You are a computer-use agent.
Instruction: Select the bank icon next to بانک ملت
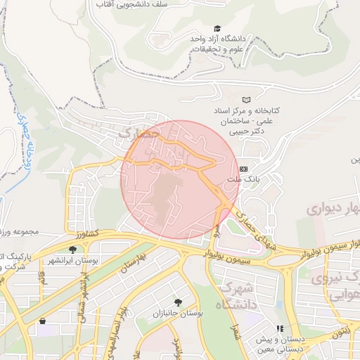(x=244, y=169)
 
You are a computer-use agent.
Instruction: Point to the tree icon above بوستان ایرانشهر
(x=72, y=250)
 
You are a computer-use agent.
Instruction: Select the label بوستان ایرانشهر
(x=72, y=261)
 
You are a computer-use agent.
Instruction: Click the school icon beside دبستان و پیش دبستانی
(x=279, y=328)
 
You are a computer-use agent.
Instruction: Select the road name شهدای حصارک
(x=258, y=228)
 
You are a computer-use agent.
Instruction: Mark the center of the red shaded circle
(x=180, y=179)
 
